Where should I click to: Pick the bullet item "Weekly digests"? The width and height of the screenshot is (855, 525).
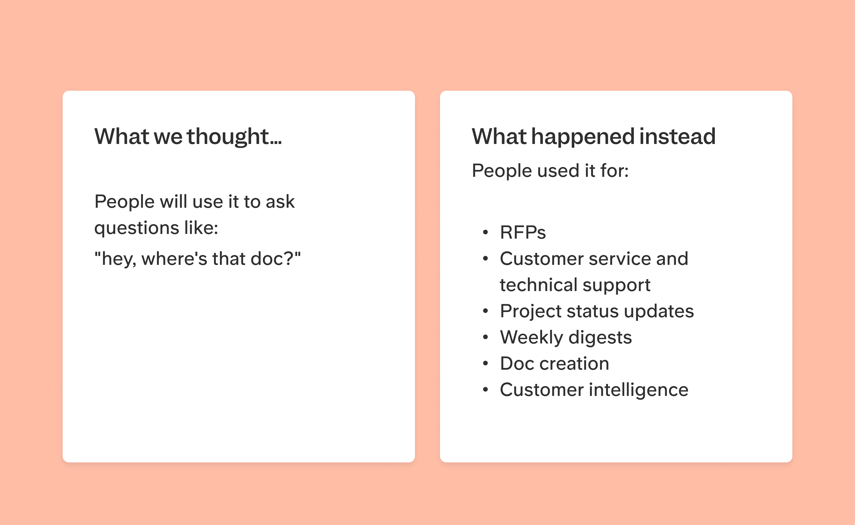566,337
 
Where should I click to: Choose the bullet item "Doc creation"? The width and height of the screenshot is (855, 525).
555,364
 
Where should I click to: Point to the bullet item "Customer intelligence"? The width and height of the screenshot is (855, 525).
594,390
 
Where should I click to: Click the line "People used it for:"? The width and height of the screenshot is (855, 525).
550,171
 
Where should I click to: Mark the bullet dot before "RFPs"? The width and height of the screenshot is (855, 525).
485,232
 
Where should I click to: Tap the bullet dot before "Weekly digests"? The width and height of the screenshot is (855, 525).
485,337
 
